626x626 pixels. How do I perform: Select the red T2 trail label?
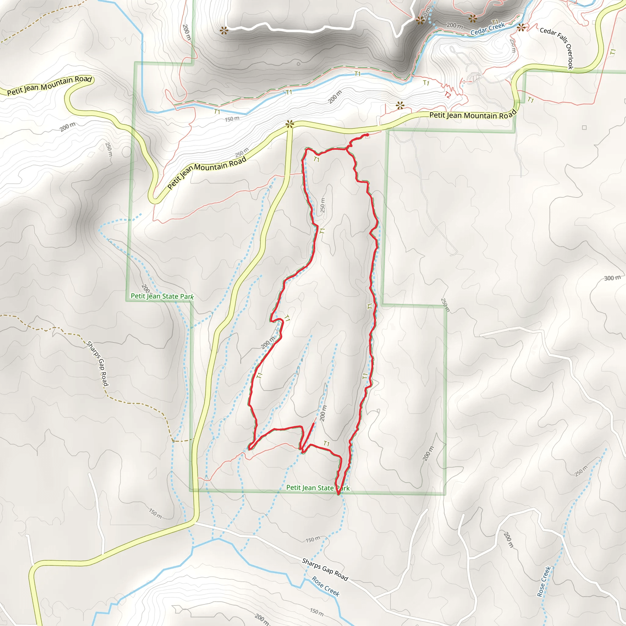[447, 95]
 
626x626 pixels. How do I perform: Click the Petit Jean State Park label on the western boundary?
[162, 296]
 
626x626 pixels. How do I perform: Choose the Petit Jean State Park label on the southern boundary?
[318, 488]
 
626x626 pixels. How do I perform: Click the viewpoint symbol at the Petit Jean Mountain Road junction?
[289, 124]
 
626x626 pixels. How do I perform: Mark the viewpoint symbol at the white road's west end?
[223, 31]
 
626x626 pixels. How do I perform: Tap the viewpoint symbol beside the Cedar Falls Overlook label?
[521, 28]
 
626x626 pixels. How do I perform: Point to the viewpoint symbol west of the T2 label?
[400, 105]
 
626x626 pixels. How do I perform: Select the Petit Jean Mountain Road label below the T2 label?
[473, 115]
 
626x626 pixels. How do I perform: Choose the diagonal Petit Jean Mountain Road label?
[207, 172]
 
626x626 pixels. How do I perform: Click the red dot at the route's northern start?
[367, 135]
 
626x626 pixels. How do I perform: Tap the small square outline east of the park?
[584, 128]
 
